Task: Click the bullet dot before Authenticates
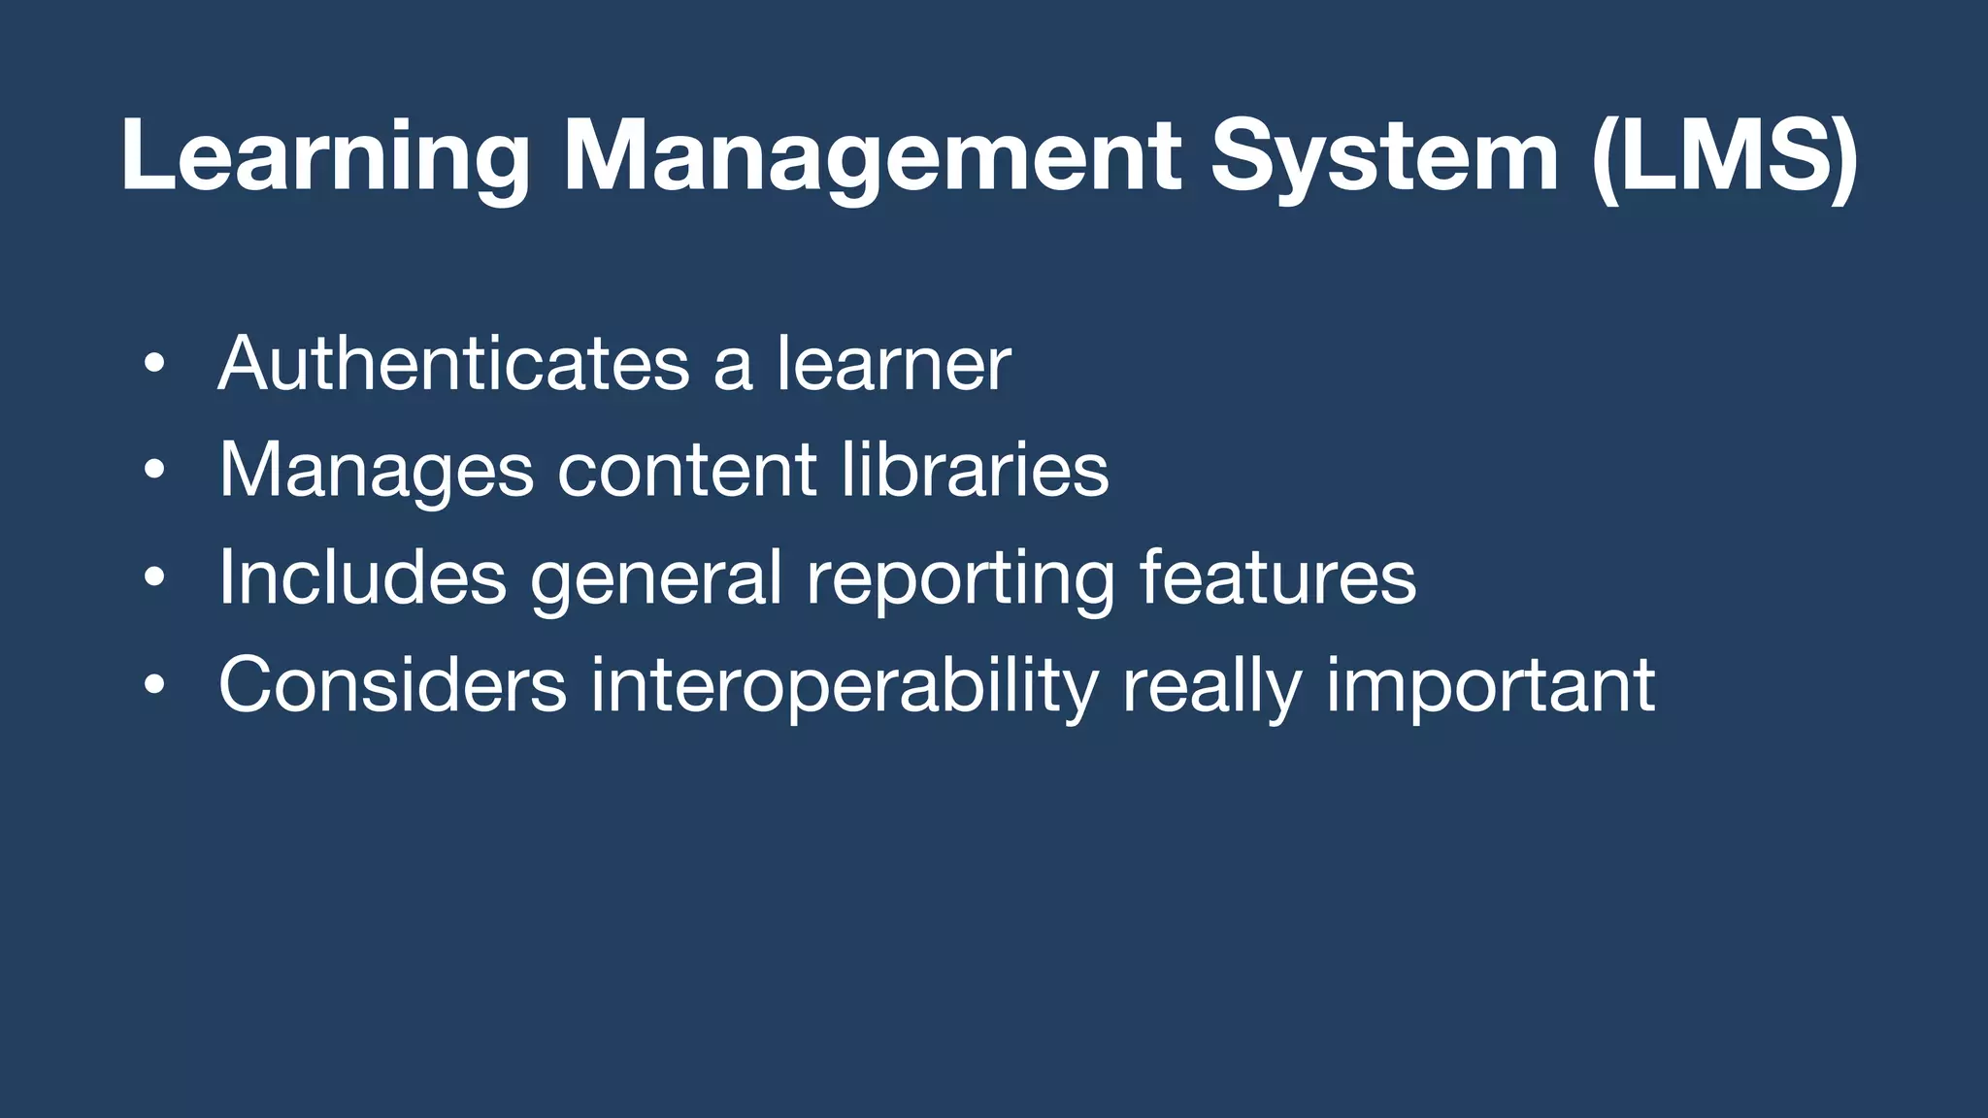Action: [154, 365]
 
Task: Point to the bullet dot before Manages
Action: [154, 472]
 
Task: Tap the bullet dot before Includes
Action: [154, 579]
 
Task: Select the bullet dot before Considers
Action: [154, 686]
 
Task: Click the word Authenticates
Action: [453, 364]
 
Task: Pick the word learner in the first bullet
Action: [893, 364]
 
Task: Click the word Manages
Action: [376, 472]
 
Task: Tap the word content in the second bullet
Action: [686, 472]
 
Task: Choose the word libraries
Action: [974, 472]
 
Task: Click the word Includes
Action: [362, 578]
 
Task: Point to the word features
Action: [1277, 578]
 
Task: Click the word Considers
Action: [392, 685]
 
